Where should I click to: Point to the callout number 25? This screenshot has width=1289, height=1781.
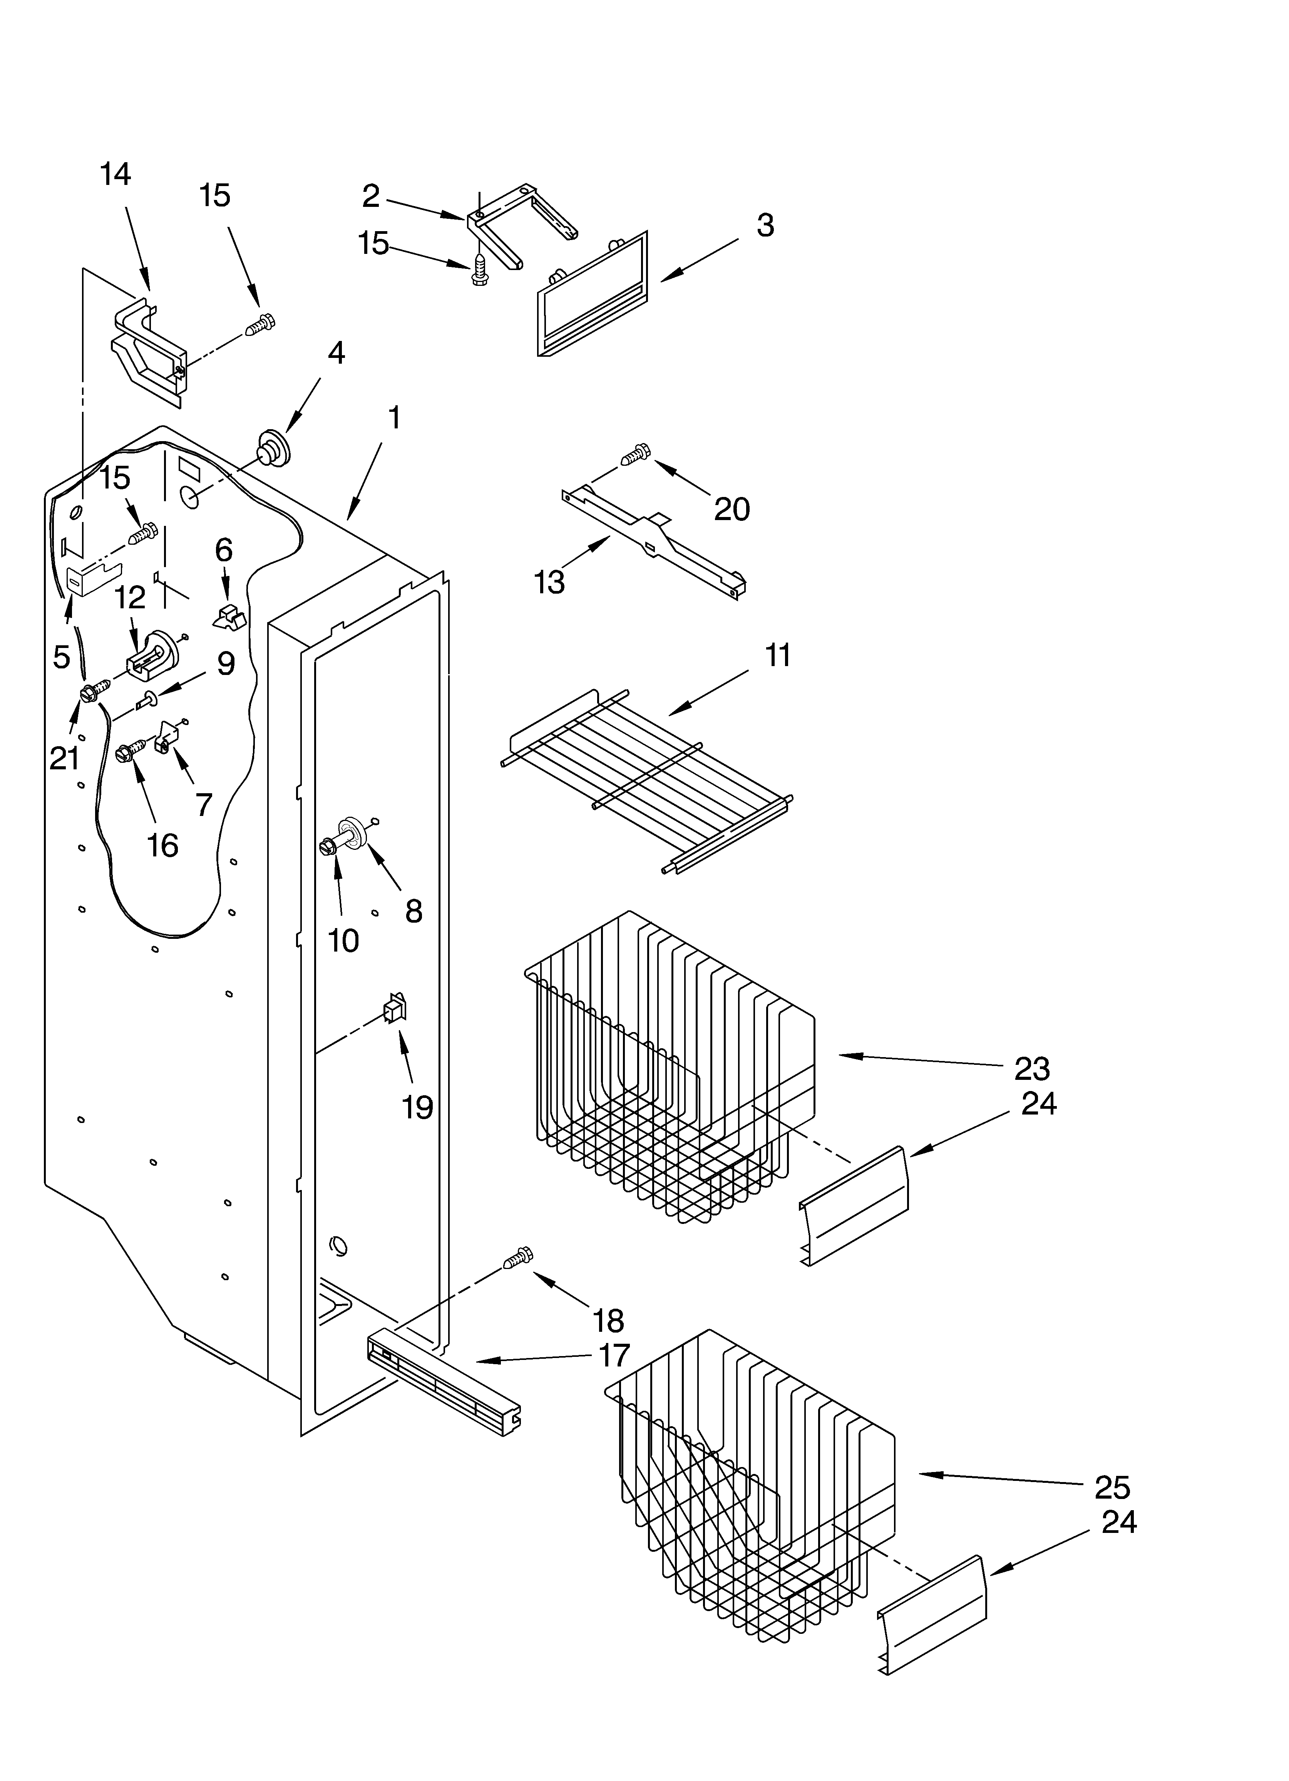tap(1112, 1487)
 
